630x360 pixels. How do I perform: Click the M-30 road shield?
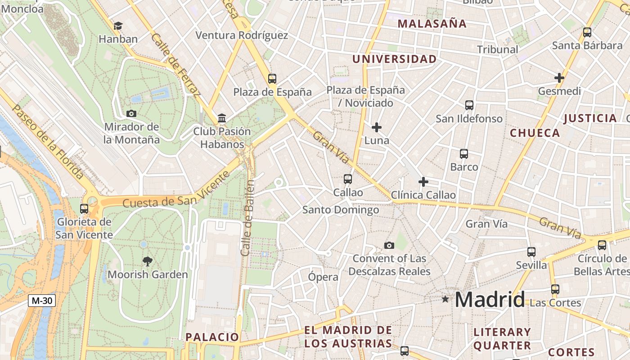click(42, 301)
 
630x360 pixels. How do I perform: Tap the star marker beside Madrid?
click(445, 299)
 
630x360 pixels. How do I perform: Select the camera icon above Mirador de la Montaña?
click(131, 113)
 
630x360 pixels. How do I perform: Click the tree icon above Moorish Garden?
click(147, 261)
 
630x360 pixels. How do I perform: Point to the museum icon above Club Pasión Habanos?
click(222, 118)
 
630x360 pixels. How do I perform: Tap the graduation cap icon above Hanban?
click(118, 26)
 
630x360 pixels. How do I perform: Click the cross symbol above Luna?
click(377, 127)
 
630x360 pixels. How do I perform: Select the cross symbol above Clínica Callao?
click(423, 182)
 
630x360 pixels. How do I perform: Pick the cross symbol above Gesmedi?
click(559, 78)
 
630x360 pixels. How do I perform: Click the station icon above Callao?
click(347, 179)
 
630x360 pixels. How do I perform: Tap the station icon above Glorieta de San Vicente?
click(84, 208)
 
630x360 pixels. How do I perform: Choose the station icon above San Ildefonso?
click(469, 105)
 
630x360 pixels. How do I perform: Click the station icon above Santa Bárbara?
click(587, 32)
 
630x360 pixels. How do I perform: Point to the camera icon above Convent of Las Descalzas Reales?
click(389, 245)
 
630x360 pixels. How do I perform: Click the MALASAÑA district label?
click(432, 24)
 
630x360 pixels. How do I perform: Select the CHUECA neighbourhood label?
click(535, 133)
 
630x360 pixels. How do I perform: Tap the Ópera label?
click(323, 277)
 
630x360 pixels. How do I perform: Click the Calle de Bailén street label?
click(247, 218)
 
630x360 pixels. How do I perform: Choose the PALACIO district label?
click(212, 337)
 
